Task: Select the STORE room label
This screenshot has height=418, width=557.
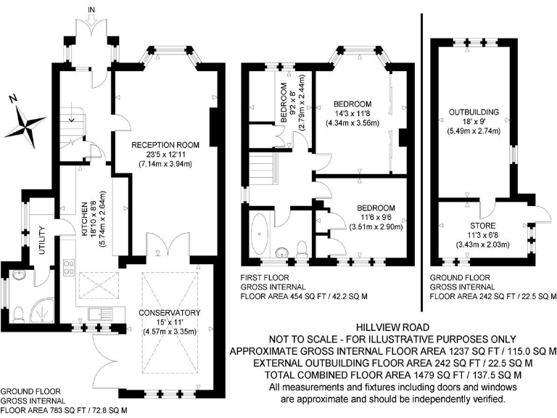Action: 479,225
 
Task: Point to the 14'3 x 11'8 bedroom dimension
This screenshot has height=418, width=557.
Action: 352,113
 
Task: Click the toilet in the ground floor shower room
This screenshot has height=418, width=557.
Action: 20,312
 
